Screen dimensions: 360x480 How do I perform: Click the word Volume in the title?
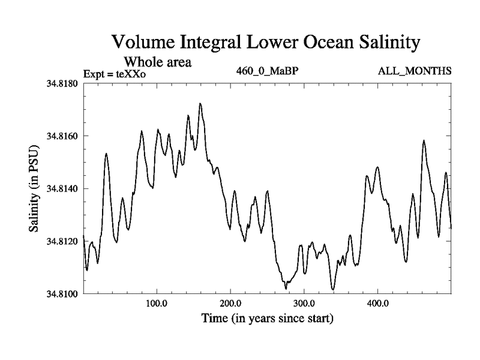(143, 43)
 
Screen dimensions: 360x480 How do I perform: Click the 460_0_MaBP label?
(268, 71)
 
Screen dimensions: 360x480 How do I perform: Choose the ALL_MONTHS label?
(415, 71)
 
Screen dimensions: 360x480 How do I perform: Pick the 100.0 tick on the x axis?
(157, 303)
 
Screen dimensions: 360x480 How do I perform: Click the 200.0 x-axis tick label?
(230, 303)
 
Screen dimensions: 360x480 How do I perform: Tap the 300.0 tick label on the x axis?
(304, 303)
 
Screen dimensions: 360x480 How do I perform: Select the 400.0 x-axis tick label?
(377, 303)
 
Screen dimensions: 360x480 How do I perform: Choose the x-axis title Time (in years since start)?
(267, 317)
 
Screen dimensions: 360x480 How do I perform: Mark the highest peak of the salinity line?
(200, 103)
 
